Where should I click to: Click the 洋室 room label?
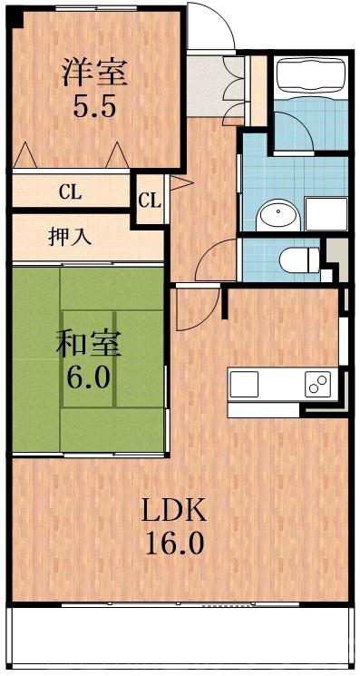pos(94,73)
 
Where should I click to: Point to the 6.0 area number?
pos(88,376)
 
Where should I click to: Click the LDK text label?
pos(172,511)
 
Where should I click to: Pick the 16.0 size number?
pos(172,544)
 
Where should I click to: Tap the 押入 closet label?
pos(69,238)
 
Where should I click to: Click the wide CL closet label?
pos(69,191)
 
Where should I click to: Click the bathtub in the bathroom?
pos(309,79)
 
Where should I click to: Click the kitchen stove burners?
pos(317,386)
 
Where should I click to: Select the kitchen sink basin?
pos(244,385)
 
